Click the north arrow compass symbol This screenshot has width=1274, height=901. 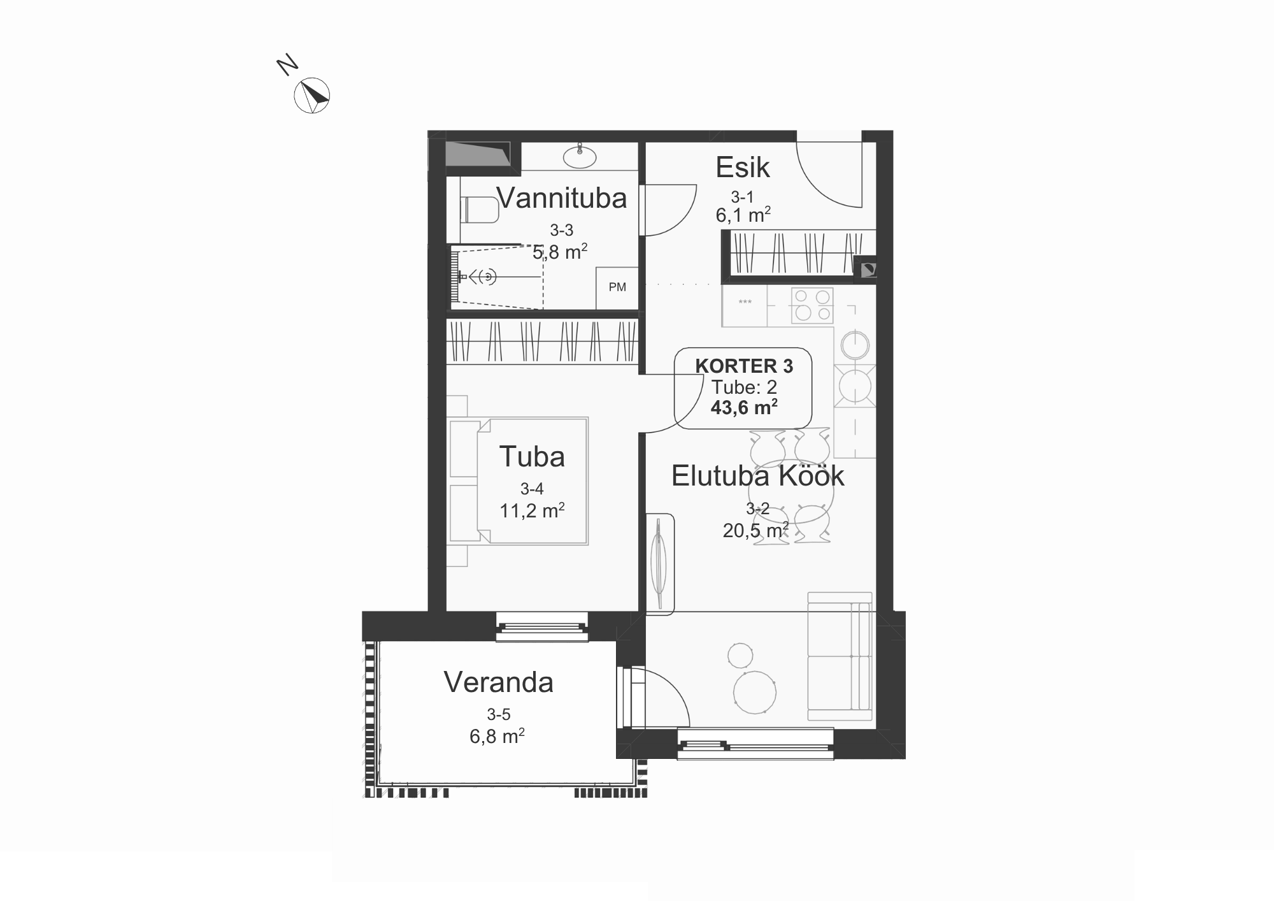[311, 96]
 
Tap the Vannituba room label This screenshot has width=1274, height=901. [562, 198]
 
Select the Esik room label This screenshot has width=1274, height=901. [743, 168]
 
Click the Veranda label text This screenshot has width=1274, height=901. [499, 682]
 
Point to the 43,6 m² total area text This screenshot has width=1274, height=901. [744, 407]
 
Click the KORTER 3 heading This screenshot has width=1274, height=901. [744, 366]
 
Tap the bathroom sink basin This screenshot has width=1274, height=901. [580, 157]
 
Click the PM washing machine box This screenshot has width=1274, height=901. [617, 287]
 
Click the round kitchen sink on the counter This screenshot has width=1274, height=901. [854, 346]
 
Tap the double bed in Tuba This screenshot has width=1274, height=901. [518, 481]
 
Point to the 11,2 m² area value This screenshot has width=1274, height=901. [532, 510]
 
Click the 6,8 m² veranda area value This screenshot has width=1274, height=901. [497, 736]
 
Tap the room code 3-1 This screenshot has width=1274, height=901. [742, 197]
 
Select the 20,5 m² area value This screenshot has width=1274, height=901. [755, 530]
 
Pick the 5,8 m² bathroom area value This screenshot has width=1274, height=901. [560, 252]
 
